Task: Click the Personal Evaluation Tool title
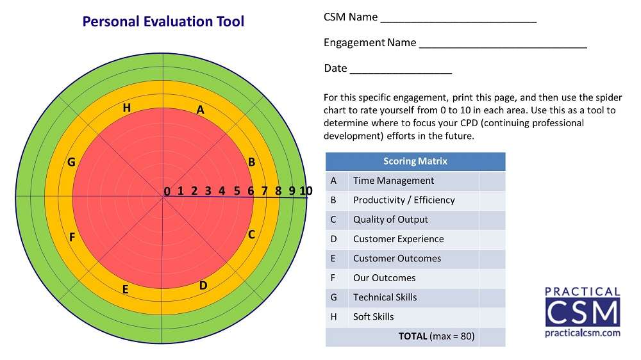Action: (x=163, y=21)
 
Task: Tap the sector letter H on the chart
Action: (x=127, y=108)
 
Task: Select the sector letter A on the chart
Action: (x=201, y=110)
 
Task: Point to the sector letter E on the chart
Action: (x=126, y=290)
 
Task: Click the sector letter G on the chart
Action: (x=71, y=162)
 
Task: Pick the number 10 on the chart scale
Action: (x=306, y=190)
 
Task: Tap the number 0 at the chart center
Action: (x=167, y=191)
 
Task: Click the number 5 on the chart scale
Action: (x=237, y=190)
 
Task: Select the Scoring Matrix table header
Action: (x=415, y=161)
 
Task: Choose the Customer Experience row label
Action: (x=398, y=239)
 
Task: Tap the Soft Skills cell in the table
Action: (x=374, y=316)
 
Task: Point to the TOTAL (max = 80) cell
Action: (x=437, y=336)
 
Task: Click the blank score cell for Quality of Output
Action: (x=492, y=220)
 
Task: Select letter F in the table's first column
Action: (x=333, y=278)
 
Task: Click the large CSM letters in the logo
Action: (x=583, y=312)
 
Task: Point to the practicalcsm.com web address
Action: (x=583, y=333)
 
